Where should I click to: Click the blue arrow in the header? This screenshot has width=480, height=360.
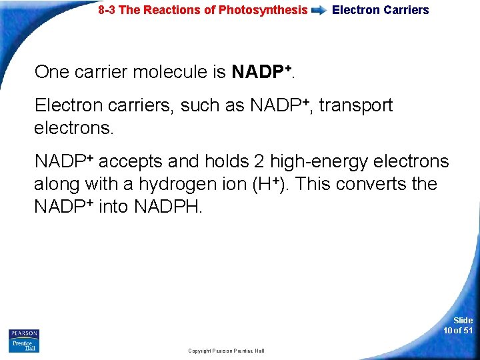(319, 11)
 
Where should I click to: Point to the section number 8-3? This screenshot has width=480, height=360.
(109, 10)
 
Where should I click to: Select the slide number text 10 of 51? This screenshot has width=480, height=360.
(458, 331)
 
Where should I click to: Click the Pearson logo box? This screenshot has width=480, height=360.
(24, 333)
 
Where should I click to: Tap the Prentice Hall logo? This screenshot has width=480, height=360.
(23, 346)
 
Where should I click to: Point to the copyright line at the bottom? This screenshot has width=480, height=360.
(226, 351)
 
